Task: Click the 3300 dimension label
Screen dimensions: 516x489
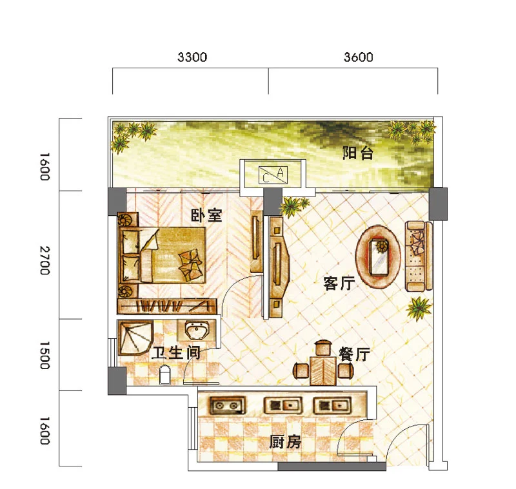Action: coord(192,57)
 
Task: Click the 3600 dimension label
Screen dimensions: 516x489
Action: coord(359,57)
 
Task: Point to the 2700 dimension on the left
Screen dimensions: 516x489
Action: coord(45,260)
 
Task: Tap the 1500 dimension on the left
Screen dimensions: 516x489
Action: coord(45,355)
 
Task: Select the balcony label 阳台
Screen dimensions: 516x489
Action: coord(358,153)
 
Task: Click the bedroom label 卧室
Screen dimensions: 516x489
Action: coord(206,215)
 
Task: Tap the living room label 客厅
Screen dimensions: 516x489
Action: coord(339,283)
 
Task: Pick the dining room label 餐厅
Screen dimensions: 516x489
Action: coord(354,354)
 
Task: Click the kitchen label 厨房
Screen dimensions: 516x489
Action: coord(285,442)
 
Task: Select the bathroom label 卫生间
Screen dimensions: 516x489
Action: coord(176,353)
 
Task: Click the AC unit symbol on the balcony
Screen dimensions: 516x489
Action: coord(273,175)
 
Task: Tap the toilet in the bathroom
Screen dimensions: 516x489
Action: coord(165,375)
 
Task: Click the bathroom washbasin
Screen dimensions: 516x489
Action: coord(197,330)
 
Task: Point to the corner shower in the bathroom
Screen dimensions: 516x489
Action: coord(135,338)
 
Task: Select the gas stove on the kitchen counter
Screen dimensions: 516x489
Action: coord(228,405)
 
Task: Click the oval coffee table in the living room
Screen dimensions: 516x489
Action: coord(378,257)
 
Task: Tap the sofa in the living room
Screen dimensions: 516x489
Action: coord(419,256)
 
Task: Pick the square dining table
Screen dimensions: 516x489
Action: coord(323,370)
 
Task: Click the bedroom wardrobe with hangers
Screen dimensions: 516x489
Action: coord(167,306)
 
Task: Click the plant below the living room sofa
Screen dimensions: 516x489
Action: coord(419,308)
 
